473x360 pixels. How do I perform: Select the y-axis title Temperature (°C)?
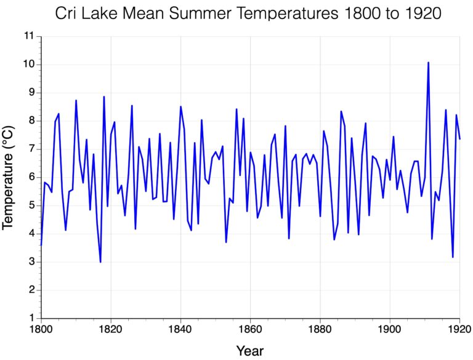click(x=8, y=177)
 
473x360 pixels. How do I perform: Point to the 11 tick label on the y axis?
click(x=27, y=36)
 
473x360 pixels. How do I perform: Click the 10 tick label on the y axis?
click(x=27, y=65)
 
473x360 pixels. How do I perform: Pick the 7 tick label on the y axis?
click(x=30, y=149)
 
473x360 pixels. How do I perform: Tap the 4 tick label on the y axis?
click(x=30, y=234)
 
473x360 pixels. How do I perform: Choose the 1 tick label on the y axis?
click(x=30, y=318)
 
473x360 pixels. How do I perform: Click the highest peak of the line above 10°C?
click(x=428, y=62)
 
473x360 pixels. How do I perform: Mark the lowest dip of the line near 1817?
click(x=100, y=262)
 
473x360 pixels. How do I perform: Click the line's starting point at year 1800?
click(x=41, y=245)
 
